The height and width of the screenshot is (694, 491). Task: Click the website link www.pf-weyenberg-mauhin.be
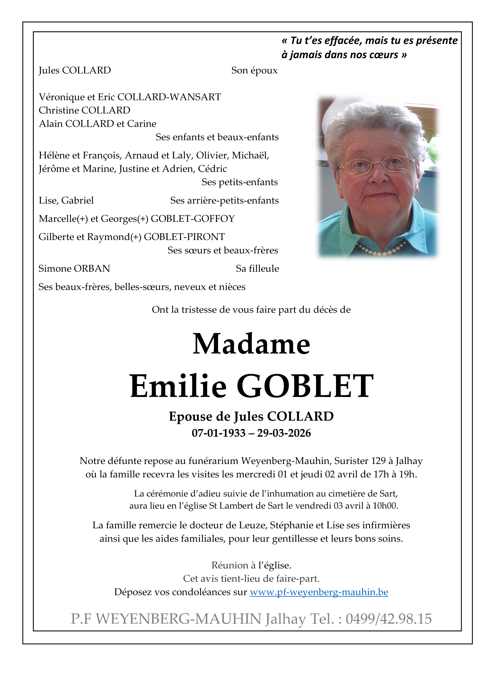point(319,592)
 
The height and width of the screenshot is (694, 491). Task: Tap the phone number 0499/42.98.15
point(388,619)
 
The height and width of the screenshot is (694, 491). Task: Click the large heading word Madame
point(251,344)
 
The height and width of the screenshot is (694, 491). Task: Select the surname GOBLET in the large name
point(305,386)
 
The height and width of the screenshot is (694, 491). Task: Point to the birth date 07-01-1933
point(218,433)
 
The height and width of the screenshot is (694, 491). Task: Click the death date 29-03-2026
point(284,433)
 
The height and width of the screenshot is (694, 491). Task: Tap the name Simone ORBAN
point(74,268)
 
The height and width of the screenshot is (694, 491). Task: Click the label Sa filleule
point(257,268)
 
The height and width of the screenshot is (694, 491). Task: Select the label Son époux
point(254,71)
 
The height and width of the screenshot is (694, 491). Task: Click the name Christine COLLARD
point(84,110)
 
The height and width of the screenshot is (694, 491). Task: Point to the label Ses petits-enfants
point(239,182)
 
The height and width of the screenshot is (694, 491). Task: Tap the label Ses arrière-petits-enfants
point(224,200)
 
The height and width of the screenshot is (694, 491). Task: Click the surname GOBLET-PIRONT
point(184,237)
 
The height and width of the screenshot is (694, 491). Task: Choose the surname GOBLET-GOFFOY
point(192,219)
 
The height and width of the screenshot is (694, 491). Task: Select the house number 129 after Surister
point(378,461)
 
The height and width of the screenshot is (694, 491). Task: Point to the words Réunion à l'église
point(251,565)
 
